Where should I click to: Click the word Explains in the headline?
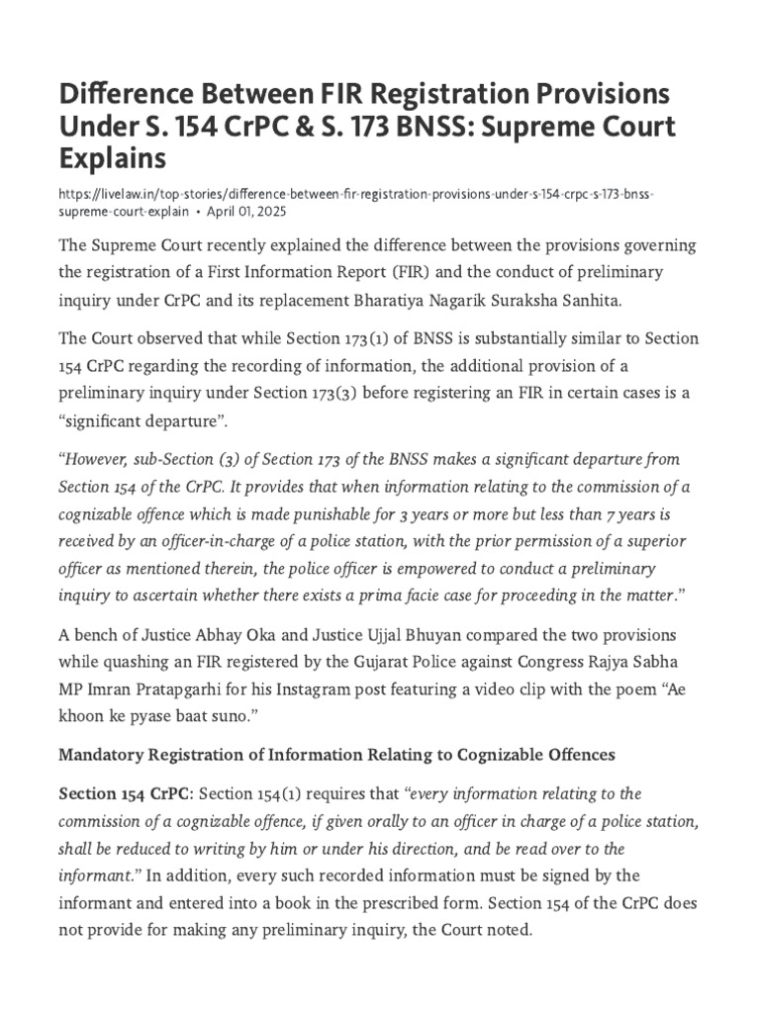pos(112,158)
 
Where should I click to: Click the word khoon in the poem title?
pos(81,714)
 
